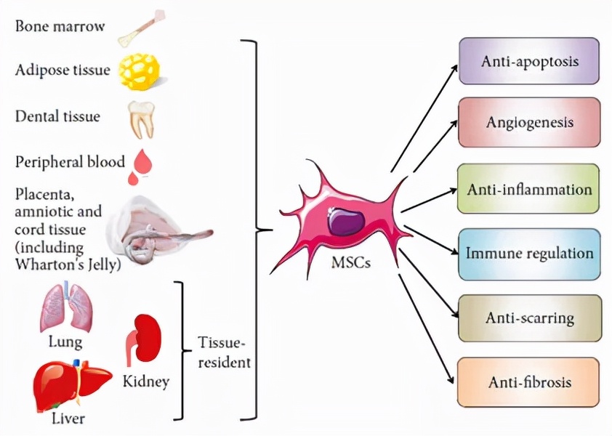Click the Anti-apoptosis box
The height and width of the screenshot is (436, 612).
pyautogui.click(x=530, y=60)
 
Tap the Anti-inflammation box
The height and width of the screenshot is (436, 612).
pyautogui.click(x=530, y=189)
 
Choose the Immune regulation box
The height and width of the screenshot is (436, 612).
pyautogui.click(x=530, y=254)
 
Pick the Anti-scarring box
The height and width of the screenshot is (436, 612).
pyautogui.click(x=530, y=318)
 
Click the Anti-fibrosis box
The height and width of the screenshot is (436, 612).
pyautogui.click(x=530, y=381)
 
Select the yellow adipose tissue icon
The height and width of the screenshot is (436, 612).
pyautogui.click(x=139, y=71)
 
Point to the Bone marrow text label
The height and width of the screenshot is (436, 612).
pyautogui.click(x=60, y=26)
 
